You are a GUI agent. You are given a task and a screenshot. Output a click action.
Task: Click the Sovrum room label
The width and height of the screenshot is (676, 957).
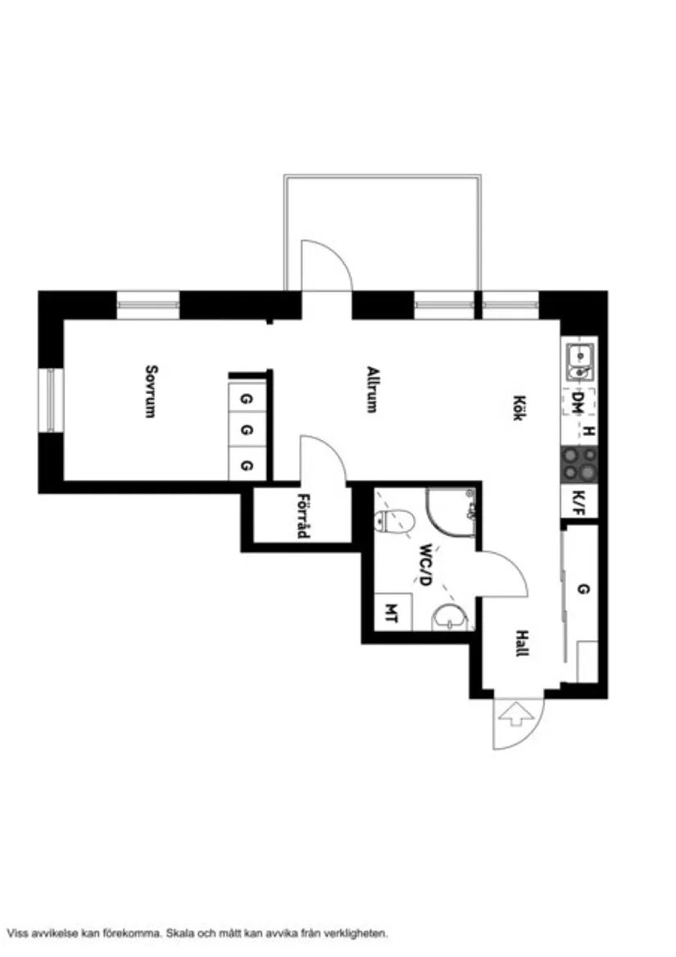point(150,391)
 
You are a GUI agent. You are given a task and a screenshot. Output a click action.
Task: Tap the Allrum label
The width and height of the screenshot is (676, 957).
point(372,388)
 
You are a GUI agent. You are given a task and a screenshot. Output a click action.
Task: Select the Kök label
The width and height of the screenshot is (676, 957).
point(518,408)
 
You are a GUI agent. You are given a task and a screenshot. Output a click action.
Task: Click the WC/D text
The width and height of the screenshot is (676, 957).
point(424,565)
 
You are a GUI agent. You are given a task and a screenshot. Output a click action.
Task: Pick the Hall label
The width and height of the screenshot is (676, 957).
point(521,643)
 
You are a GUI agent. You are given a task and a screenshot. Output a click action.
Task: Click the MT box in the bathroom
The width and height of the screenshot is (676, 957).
point(391,614)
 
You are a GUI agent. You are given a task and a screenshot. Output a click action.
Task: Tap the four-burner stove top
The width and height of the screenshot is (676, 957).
point(578,465)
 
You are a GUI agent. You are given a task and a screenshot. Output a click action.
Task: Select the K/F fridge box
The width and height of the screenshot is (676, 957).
point(578,501)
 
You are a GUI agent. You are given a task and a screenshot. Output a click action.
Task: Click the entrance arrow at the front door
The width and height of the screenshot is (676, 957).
point(516,714)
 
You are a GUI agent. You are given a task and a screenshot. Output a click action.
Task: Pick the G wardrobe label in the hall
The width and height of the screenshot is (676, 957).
point(583,589)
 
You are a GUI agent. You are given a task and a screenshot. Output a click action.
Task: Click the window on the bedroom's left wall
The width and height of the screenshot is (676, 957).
point(50,400)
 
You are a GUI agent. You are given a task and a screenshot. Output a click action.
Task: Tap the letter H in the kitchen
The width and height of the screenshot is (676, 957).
point(588,431)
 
